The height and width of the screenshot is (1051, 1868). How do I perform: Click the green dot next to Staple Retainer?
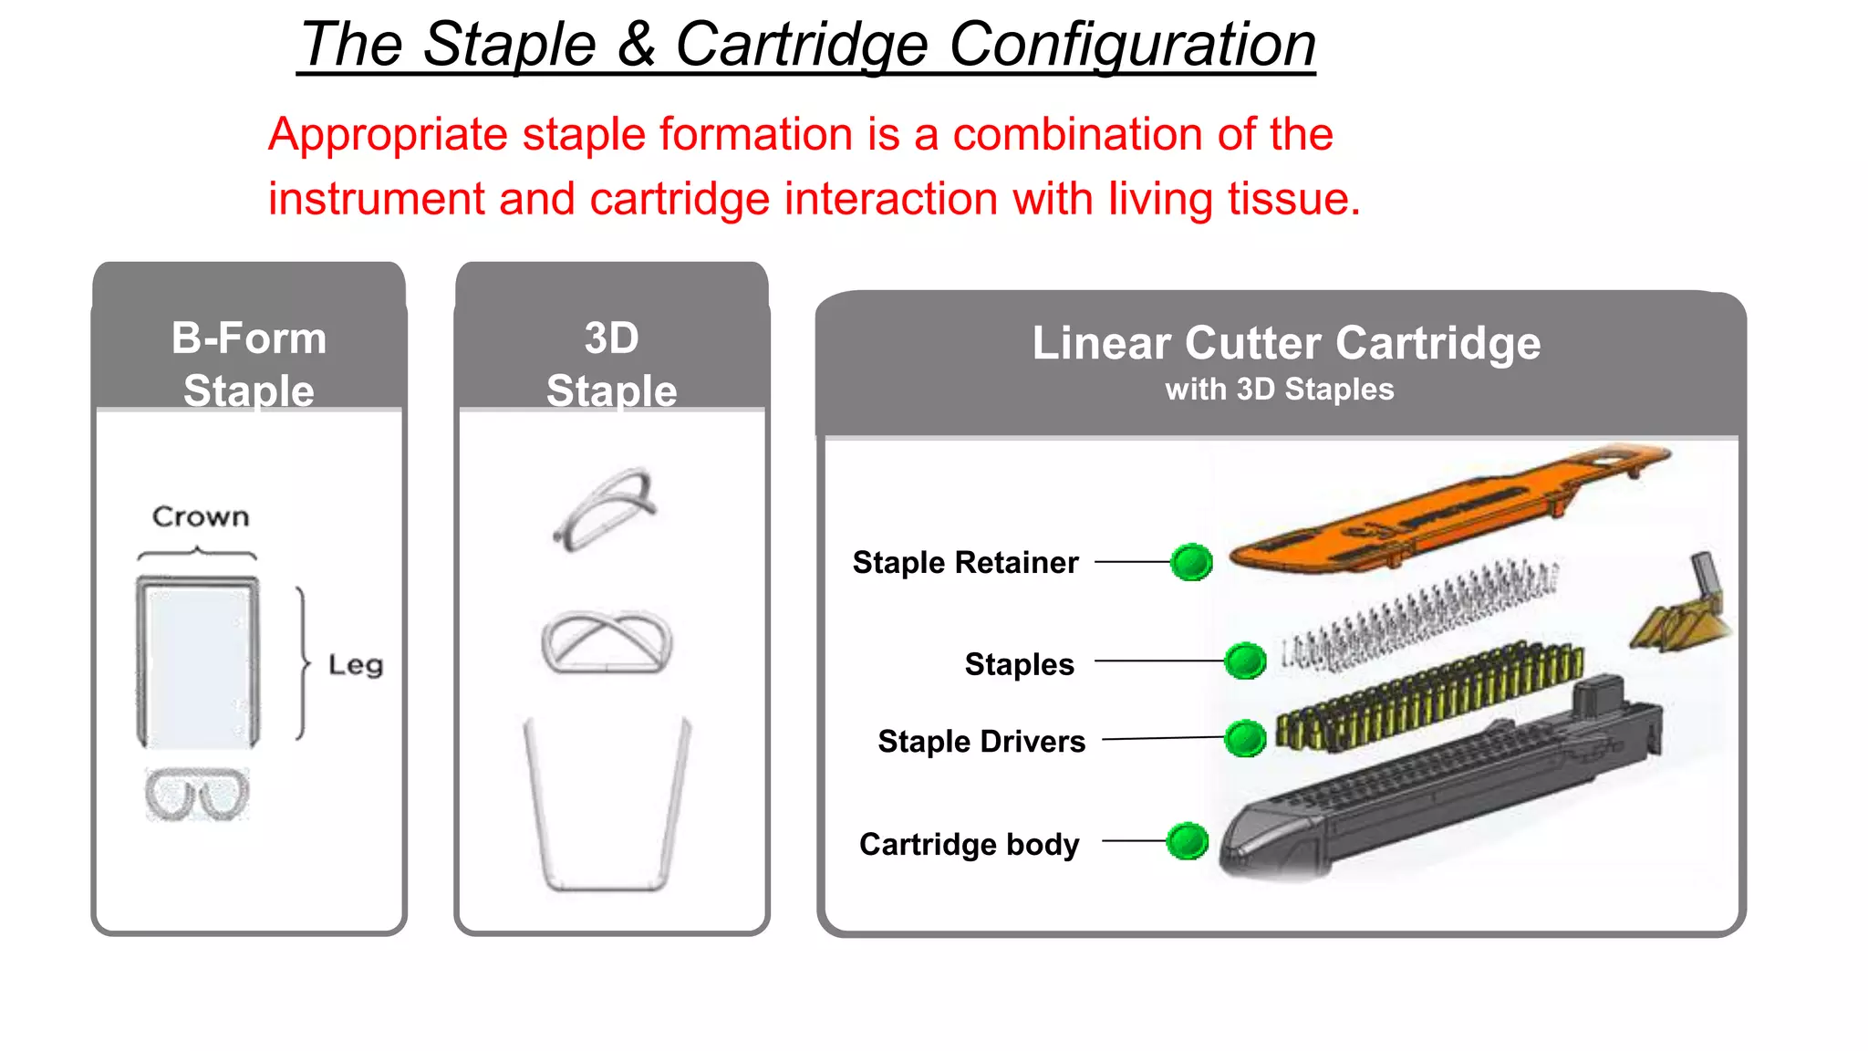click(x=1191, y=562)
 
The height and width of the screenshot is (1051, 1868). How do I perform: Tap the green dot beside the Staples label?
click(x=1245, y=661)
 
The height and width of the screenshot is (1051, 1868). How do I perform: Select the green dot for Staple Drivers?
click(x=1245, y=738)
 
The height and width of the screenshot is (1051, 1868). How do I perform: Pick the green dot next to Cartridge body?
click(x=1188, y=841)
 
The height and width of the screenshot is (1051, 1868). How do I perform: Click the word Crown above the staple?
click(x=201, y=516)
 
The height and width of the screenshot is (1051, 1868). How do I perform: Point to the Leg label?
click(x=356, y=664)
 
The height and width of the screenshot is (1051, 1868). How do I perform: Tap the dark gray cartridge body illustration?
click(x=1441, y=785)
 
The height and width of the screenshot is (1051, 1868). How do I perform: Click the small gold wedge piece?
click(x=1678, y=620)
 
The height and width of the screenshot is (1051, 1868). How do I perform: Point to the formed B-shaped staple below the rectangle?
click(x=197, y=795)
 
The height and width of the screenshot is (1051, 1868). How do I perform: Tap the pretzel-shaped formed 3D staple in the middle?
click(x=607, y=642)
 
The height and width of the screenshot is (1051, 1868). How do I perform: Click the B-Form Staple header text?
click(x=249, y=363)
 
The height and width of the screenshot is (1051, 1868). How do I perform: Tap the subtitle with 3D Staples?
click(x=1279, y=390)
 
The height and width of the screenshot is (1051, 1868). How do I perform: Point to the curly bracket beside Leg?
click(x=303, y=663)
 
